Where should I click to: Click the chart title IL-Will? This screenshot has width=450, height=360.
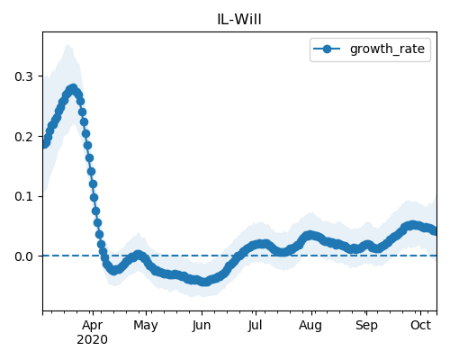tap(239, 20)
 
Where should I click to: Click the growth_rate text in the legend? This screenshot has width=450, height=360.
tap(387, 49)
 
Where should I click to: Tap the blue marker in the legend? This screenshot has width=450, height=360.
tap(327, 49)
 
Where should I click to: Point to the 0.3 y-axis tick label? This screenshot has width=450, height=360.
tap(23, 76)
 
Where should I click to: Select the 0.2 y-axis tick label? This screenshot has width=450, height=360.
tap(23, 137)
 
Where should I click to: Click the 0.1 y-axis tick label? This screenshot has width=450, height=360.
tap(23, 196)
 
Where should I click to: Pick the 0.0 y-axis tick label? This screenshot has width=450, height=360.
tap(23, 256)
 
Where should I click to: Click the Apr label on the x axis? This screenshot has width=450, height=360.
tap(93, 326)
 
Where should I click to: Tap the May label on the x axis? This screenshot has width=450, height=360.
tap(146, 326)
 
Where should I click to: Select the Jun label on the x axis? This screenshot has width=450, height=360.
tap(202, 326)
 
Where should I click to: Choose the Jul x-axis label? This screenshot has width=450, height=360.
tap(256, 326)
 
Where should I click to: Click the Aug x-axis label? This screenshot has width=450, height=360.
tap(310, 326)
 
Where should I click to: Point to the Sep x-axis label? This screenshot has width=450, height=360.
tap(366, 326)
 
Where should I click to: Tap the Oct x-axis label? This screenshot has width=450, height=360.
tap(421, 326)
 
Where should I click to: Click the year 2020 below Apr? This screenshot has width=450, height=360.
tap(93, 340)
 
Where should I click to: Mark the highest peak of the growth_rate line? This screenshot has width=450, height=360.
tap(73, 88)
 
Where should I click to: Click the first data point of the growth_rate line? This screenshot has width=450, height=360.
tap(45, 144)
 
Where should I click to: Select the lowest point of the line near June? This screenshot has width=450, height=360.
tap(204, 282)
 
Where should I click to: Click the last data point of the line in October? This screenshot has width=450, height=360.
tap(435, 230)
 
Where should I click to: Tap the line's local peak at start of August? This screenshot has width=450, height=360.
tap(310, 235)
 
